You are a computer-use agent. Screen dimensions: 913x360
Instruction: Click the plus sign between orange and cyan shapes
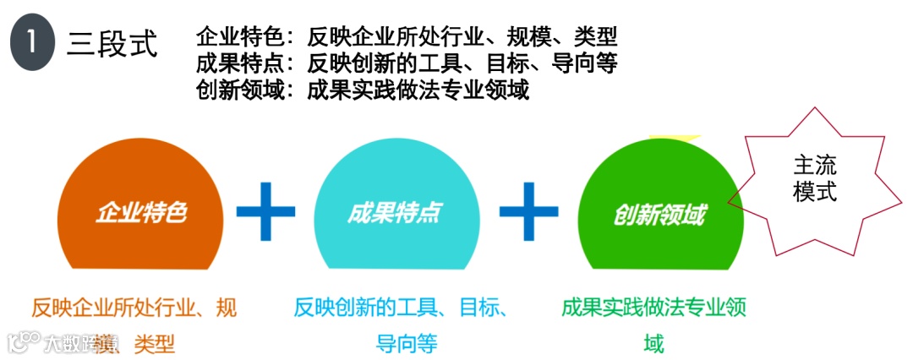(265, 210)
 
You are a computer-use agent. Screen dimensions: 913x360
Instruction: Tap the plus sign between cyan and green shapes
(528, 210)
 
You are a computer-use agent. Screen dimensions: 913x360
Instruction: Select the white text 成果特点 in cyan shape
(394, 212)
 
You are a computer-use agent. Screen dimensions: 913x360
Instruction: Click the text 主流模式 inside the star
(815, 178)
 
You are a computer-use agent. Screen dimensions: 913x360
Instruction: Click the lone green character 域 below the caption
(653, 343)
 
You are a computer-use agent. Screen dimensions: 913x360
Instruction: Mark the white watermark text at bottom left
(63, 343)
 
